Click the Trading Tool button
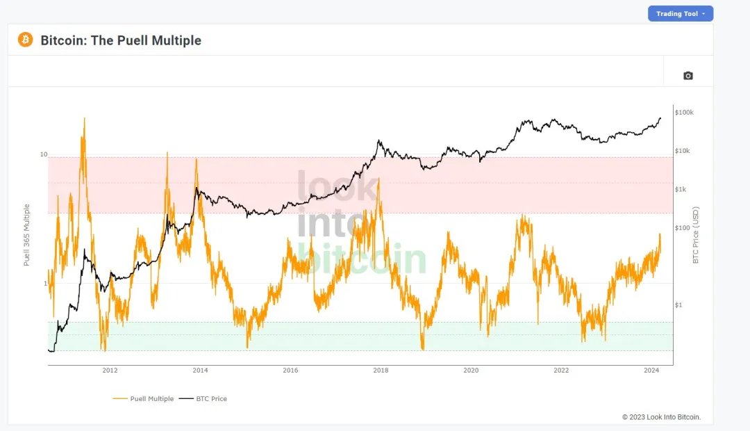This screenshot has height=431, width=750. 680,14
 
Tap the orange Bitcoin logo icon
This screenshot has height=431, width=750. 25,40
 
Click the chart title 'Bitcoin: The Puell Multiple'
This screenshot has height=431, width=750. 121,40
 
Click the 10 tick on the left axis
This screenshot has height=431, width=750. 43,154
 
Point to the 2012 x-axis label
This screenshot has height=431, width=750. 110,370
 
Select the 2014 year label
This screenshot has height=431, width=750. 200,370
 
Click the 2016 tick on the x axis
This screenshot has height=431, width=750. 290,370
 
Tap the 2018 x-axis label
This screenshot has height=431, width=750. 381,370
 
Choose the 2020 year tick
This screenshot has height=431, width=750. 471,370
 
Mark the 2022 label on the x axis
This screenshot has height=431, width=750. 561,370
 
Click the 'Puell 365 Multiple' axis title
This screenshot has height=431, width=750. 27,235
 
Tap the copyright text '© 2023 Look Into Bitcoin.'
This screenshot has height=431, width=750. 661,417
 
